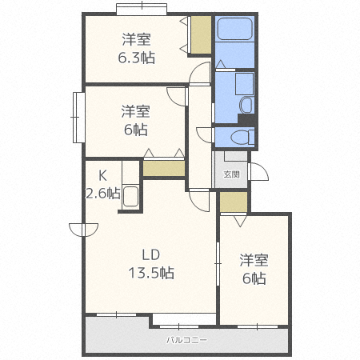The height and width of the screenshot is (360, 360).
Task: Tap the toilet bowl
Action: (246, 137)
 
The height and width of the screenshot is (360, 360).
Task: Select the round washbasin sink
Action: (246, 105)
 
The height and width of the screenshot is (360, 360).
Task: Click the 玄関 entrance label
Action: (231, 174)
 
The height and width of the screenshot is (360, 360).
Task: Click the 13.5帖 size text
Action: (152, 274)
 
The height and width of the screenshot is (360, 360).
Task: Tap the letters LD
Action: (151, 255)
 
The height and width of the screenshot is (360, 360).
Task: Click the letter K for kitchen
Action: (102, 175)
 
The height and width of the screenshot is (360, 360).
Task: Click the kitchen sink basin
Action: (131, 197)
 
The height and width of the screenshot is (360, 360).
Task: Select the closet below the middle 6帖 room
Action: (164, 168)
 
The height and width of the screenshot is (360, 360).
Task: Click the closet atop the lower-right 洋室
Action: (234, 202)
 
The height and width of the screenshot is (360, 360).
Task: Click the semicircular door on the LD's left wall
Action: (79, 230)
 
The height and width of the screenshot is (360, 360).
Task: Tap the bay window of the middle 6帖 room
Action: (78, 118)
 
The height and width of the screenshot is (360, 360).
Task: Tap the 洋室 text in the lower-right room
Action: (254, 261)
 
